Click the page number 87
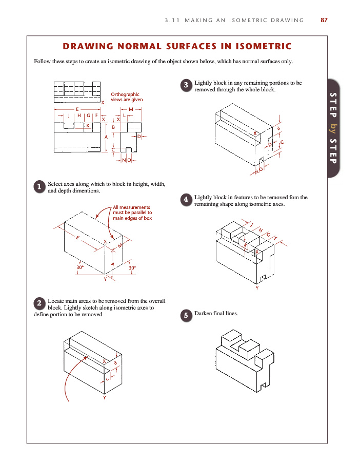(x=324, y=20)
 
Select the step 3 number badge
(x=187, y=86)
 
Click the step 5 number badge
(x=187, y=316)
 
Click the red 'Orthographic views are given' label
(x=125, y=97)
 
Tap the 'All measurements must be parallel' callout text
(x=132, y=213)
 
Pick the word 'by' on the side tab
(x=333, y=126)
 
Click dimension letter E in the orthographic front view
(x=77, y=109)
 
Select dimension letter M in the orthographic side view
(x=131, y=109)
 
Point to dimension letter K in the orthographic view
(x=88, y=125)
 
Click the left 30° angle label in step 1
(x=80, y=268)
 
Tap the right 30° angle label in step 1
(x=132, y=268)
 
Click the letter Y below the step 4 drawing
(x=257, y=288)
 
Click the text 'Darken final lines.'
(x=216, y=313)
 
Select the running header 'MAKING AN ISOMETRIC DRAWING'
(x=234, y=20)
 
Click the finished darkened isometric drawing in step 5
(x=245, y=358)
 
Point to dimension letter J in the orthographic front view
(x=69, y=116)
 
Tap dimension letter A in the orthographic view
(x=106, y=137)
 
